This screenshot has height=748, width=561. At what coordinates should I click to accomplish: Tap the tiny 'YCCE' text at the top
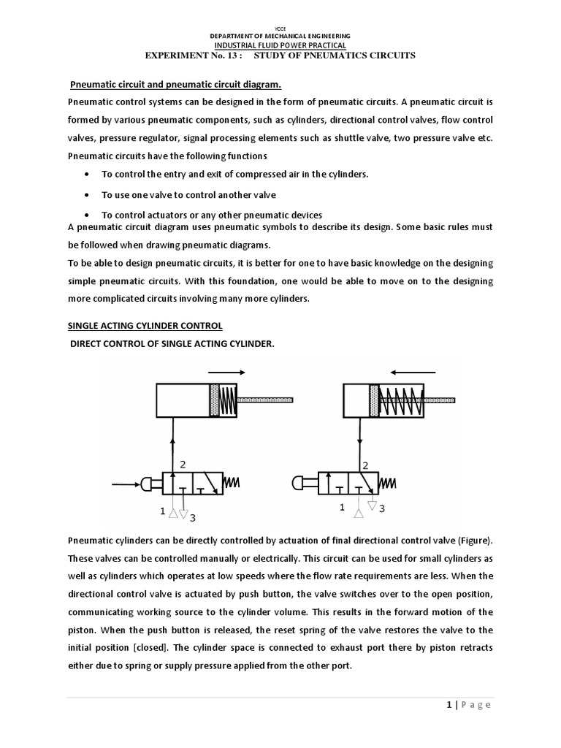coord(280,27)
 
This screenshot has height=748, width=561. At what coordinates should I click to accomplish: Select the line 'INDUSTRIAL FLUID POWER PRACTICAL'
coord(280,45)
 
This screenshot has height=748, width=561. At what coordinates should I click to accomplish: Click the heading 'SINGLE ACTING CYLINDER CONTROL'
coord(145,325)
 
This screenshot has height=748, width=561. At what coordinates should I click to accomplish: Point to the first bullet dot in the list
coord(88,175)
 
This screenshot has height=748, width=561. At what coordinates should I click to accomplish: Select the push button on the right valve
coord(301,483)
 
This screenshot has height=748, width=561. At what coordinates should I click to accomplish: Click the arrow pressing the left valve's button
coord(124,483)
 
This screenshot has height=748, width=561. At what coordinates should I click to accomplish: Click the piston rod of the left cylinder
coord(266,400)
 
